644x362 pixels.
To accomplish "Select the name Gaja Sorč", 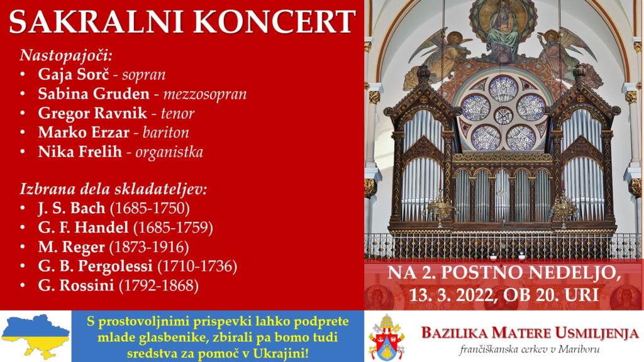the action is coord(74,74).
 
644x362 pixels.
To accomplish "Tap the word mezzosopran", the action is coord(205,94).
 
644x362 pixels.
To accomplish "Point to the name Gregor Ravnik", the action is coord(92,113).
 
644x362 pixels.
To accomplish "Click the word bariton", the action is coord(166,132).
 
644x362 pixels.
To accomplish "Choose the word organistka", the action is coord(169,152).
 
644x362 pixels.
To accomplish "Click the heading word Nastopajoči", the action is coord(65,55).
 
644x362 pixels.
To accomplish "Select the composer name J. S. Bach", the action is coord(72,208).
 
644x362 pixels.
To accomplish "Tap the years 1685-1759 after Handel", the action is coord(173,228).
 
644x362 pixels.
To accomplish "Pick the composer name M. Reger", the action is coord(72,247).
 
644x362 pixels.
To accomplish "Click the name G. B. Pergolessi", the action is coord(96,266).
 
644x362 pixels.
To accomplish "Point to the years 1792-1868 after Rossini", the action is coord(158,285).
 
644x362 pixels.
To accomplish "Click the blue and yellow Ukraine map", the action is coord(35,336).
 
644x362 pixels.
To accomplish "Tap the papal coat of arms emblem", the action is coord(387,337).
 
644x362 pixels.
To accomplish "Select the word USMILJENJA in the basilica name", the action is coord(596,333).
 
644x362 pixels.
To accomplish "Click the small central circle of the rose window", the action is coord(502,116).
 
